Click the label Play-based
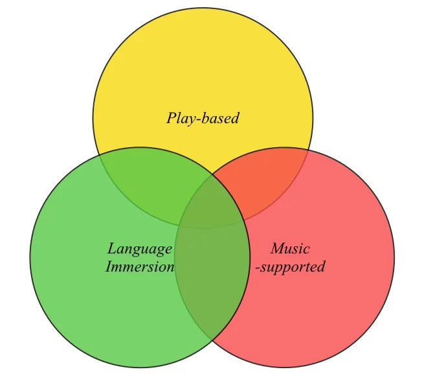(203, 118)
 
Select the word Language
(140, 249)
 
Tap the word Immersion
(140, 266)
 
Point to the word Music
(290, 249)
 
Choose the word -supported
(290, 266)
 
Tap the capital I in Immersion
(109, 266)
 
